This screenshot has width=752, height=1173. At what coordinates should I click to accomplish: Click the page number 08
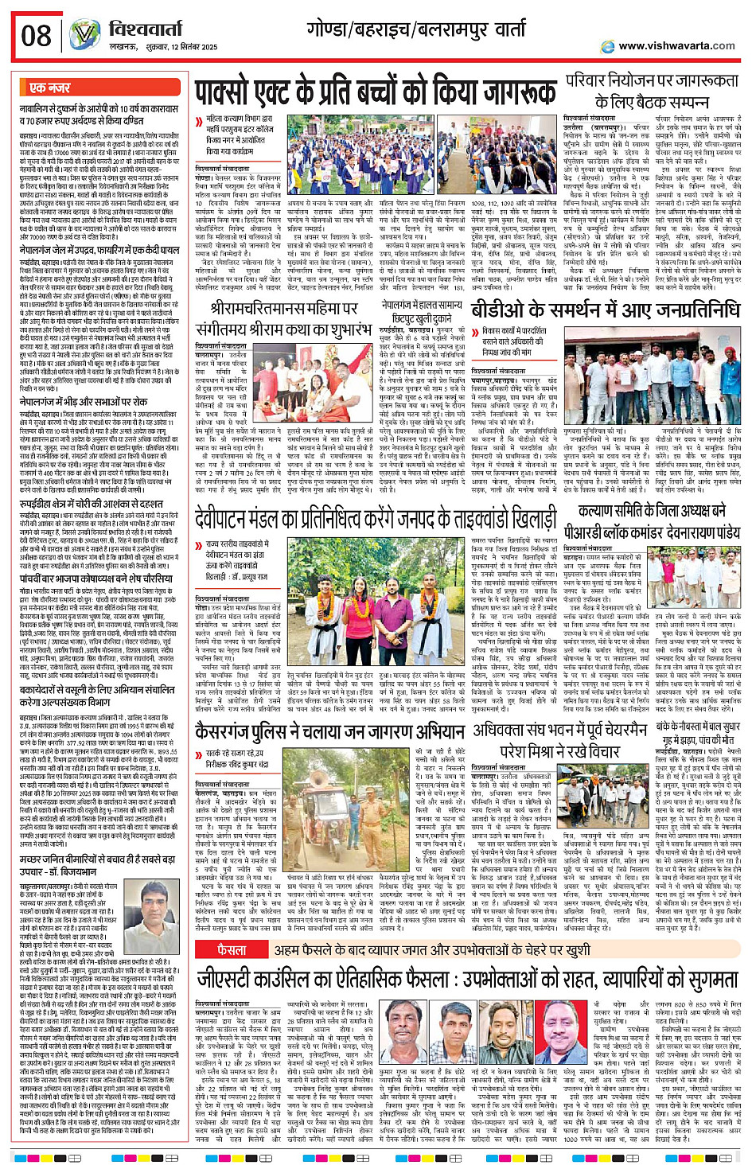[x=37, y=36]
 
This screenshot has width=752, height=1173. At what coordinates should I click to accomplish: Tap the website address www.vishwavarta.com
[x=676, y=45]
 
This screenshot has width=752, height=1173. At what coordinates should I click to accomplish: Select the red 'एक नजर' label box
[x=51, y=88]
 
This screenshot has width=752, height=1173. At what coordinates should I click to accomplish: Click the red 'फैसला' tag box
[x=232, y=950]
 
